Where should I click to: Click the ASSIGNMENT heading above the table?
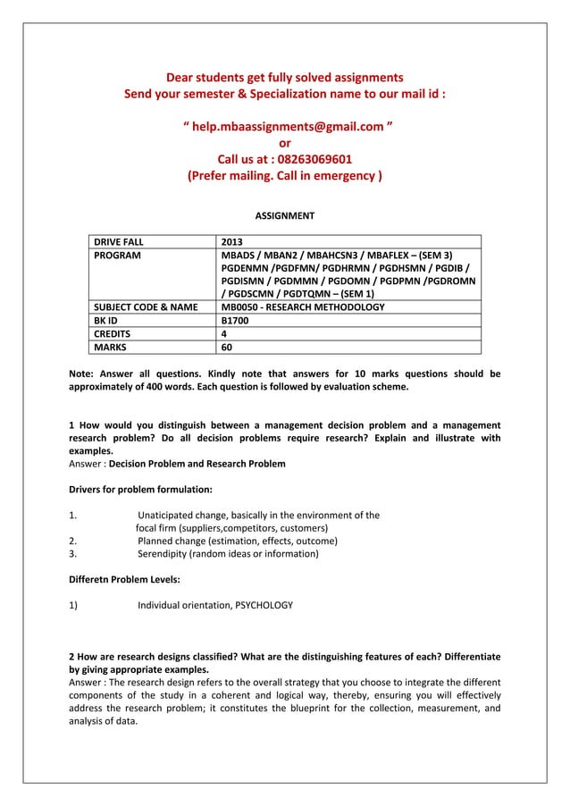click(x=285, y=215)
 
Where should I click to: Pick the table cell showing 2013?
click(x=231, y=241)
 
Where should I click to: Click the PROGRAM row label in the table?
click(x=118, y=256)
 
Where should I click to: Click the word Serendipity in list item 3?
click(x=167, y=554)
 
